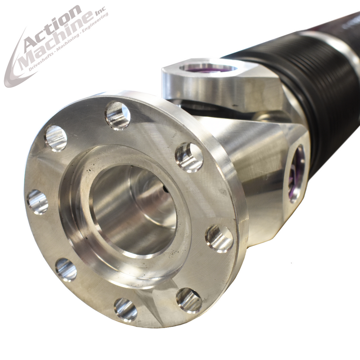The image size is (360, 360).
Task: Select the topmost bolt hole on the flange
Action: [x=118, y=116]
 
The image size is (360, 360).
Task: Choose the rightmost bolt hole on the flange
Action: [x=219, y=238]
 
